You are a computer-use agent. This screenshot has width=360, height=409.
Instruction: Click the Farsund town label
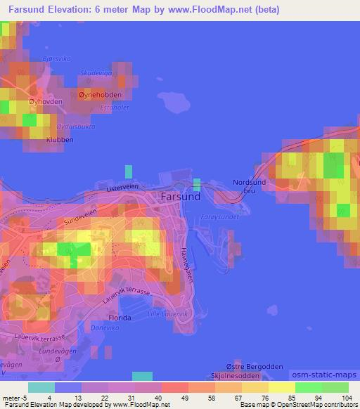(181, 197)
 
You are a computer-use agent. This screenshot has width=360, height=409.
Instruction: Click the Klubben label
(40, 140)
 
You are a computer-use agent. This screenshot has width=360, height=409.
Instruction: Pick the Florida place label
(120, 318)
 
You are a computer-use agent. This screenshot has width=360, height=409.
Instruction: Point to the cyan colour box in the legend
(41, 387)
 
